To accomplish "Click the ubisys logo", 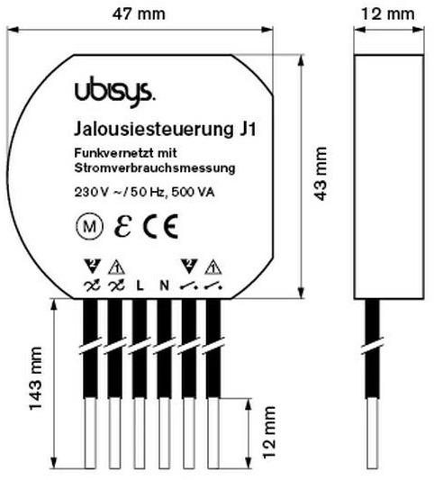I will coord(102,91).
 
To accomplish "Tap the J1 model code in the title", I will coord(244,130).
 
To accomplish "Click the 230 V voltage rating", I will coord(89,191).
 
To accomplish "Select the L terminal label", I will coord(140,285).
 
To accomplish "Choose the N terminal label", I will coord(163,285).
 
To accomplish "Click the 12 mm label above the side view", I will coord(388,14).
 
